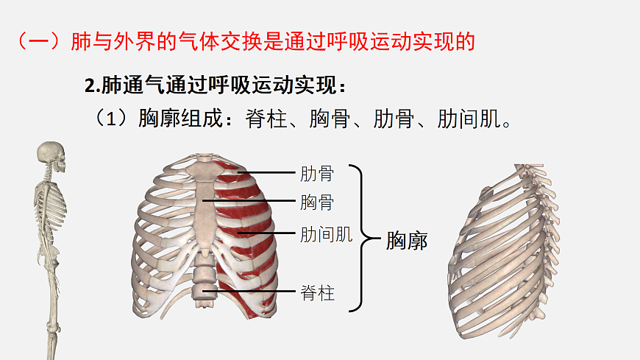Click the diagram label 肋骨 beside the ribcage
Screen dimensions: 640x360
(317, 174)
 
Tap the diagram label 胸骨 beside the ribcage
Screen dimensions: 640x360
(317, 202)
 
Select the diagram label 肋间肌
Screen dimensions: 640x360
(326, 235)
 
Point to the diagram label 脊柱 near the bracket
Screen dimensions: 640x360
(317, 293)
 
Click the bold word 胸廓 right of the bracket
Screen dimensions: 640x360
(407, 241)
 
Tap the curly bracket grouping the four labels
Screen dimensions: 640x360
(362, 238)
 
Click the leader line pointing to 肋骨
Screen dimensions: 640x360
(266, 173)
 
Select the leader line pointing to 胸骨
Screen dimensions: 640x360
(249, 201)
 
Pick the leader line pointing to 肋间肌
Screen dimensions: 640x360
(266, 233)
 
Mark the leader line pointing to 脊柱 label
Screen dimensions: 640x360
(249, 292)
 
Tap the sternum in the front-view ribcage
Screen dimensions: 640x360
(205, 205)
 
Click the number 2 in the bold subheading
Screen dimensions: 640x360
(90, 86)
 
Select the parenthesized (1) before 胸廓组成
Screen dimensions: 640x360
(111, 119)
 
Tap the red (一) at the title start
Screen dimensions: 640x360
(39, 41)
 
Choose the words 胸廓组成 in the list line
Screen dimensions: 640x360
(181, 119)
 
